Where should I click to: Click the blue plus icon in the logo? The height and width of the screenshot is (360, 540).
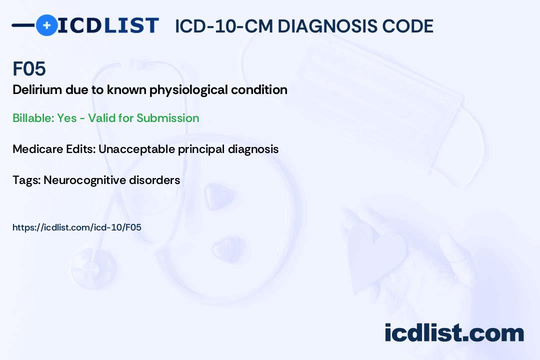46,25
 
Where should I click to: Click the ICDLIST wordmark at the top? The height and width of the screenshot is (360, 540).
108,25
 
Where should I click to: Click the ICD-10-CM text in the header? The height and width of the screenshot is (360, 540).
224,26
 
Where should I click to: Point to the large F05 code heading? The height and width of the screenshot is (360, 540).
29,68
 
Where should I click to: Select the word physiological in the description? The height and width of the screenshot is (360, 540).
188,90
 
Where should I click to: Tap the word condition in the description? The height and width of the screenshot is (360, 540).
259,89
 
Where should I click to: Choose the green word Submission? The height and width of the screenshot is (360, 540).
167,118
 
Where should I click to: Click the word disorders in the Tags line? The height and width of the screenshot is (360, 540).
154,180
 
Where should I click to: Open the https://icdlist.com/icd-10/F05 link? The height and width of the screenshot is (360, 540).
77,227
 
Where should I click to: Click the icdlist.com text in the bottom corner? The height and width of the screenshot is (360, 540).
454,332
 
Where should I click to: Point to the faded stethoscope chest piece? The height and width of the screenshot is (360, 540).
92,268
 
